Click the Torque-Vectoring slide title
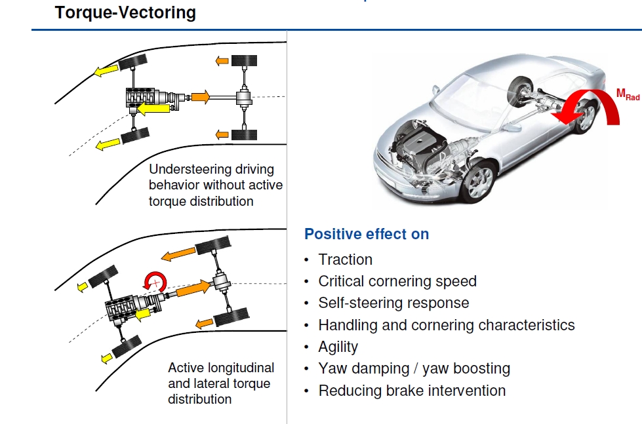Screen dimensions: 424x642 pos(125,12)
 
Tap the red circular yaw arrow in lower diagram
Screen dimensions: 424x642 pos(156,282)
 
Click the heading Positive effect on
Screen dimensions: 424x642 pos(367,234)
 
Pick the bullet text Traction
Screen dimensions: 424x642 pos(345,260)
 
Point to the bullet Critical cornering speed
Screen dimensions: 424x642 pos(397,281)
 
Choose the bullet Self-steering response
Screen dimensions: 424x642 pos(393,303)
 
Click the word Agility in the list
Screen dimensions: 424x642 pos(338,347)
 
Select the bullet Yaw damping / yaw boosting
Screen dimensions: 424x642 pos(414,369)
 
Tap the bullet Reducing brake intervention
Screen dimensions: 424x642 pos(412,391)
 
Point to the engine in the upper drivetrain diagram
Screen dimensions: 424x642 pos(142,97)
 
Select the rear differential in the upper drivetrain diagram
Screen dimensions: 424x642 pos(244,98)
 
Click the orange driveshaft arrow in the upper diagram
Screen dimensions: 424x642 pos(200,97)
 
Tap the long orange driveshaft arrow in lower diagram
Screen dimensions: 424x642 pos(190,288)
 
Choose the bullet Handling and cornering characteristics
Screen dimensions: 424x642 pos(446,325)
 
